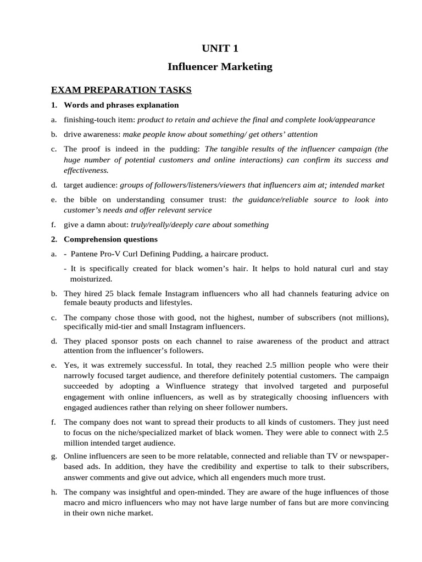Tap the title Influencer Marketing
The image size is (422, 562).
[x=220, y=67]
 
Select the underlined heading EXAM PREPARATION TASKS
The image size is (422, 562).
[x=121, y=89]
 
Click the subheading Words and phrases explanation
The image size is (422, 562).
[x=121, y=105]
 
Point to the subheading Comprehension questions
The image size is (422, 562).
[x=110, y=239]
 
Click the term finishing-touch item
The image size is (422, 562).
[x=99, y=119]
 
